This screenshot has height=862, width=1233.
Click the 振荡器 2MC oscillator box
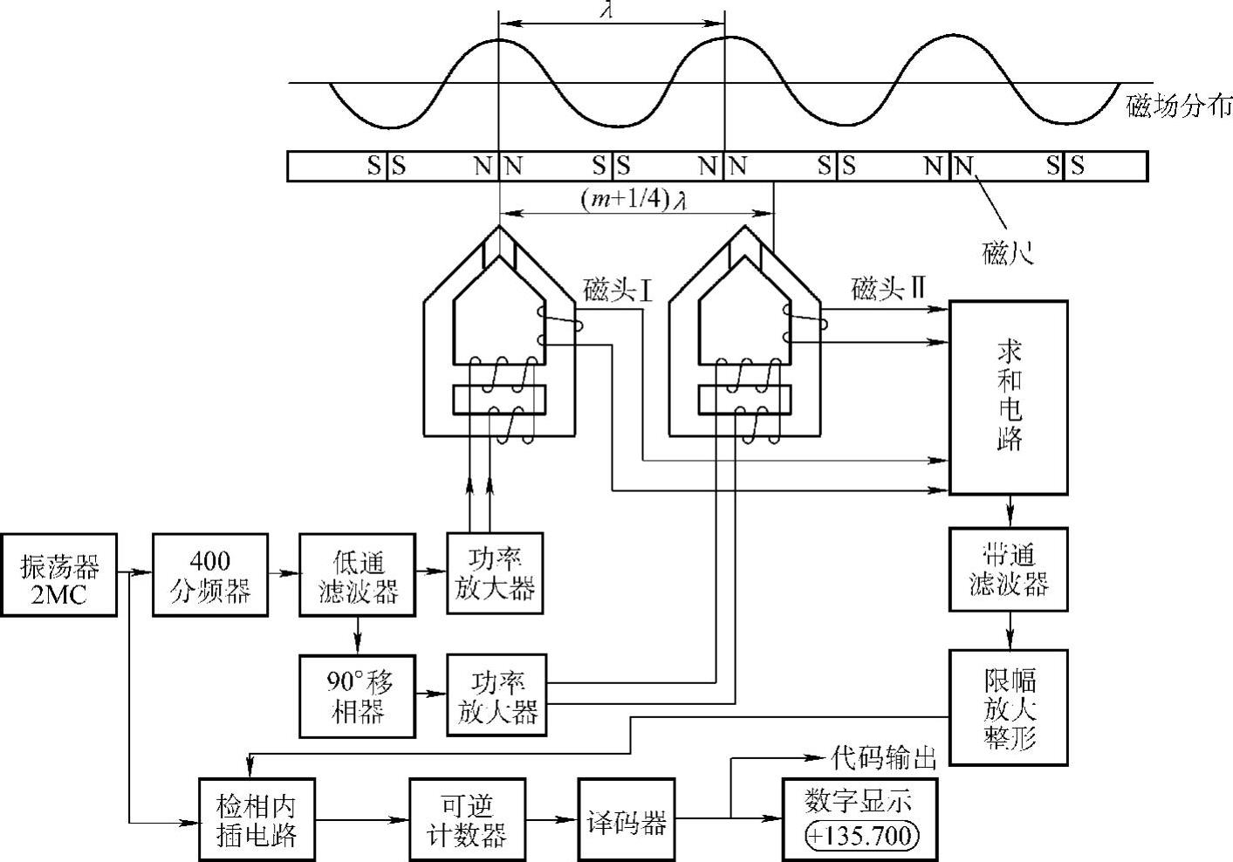tap(59, 574)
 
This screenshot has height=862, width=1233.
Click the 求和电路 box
tap(1008, 397)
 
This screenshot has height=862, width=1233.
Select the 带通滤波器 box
tap(1008, 568)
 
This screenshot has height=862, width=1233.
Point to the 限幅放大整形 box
tap(1008, 708)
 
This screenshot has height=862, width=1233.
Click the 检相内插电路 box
tap(257, 818)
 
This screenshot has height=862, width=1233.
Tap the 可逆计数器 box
tap(467, 818)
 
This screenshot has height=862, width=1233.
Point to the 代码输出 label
tap(884, 757)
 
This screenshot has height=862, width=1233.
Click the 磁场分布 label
tap(1179, 106)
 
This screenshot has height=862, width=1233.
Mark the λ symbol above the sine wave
tap(610, 9)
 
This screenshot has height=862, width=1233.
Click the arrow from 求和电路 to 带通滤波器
tap(1010, 510)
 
